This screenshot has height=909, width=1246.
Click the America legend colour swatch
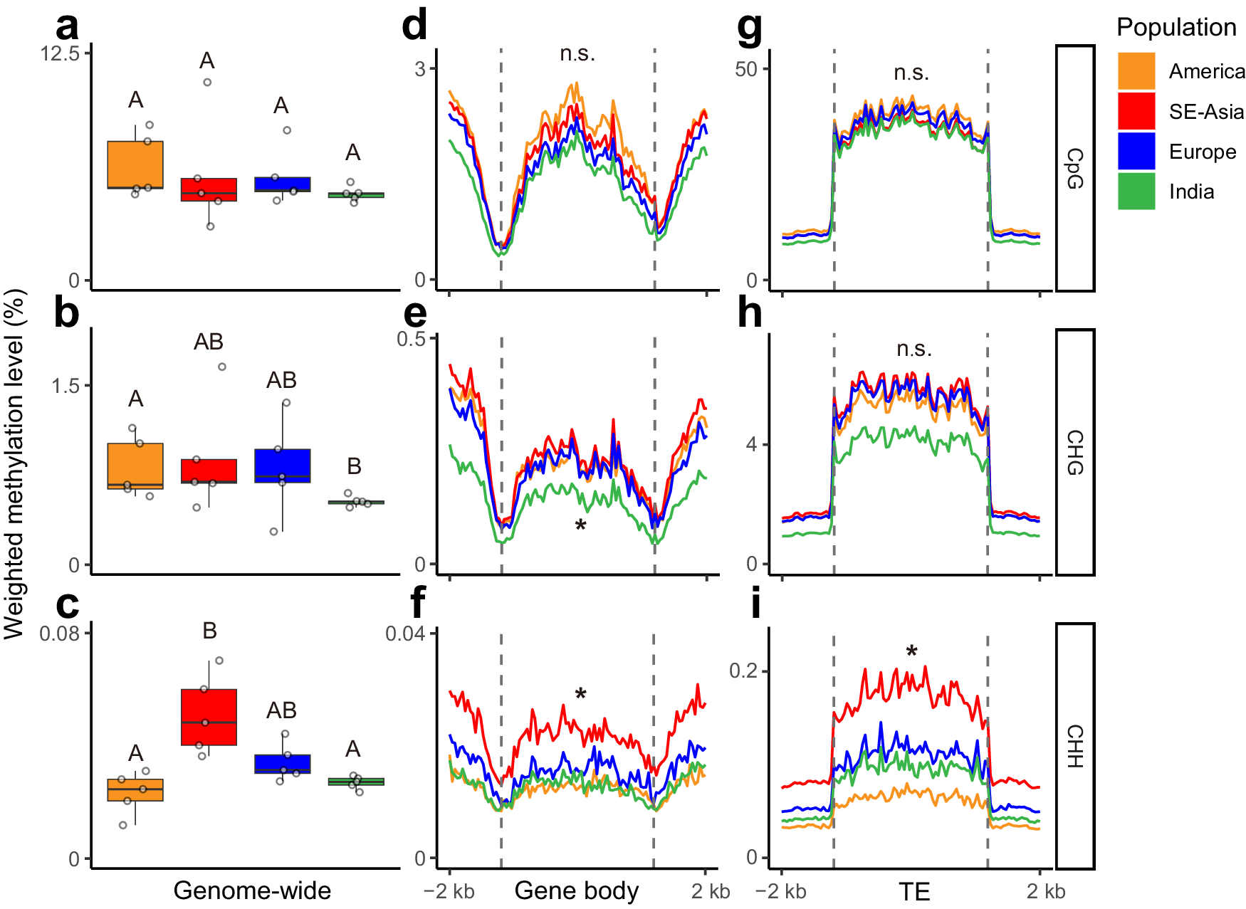point(1136,70)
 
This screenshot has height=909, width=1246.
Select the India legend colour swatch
point(1136,191)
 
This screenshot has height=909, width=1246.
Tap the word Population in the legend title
point(1176,27)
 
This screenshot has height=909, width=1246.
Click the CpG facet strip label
point(1074,168)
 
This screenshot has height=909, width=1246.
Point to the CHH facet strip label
point(1074,746)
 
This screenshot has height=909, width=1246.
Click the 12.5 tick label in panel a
point(60,53)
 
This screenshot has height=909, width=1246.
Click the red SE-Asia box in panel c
point(209,717)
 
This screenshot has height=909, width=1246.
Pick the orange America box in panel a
point(135,164)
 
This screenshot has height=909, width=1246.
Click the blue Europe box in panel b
point(283,466)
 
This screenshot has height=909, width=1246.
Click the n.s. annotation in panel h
point(914,349)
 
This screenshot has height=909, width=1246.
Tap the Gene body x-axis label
point(576,890)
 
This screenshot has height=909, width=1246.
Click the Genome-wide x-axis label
point(252,890)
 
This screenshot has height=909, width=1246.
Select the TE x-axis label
point(913,891)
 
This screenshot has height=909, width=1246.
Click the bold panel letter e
point(415,313)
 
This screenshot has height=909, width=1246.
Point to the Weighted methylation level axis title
point(14,463)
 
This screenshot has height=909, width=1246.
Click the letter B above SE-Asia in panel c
point(209,631)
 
